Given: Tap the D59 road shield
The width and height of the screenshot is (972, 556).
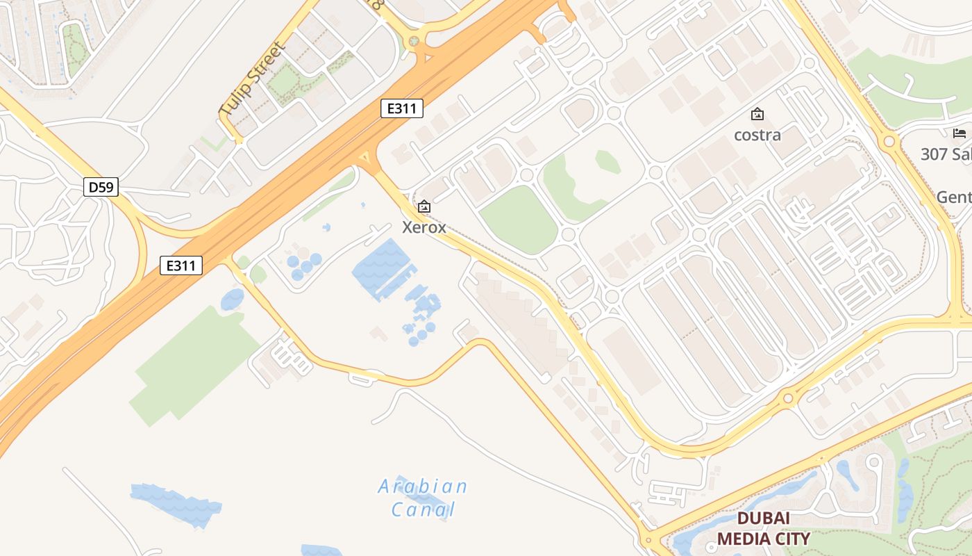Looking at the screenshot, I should pyautogui.click(x=101, y=187).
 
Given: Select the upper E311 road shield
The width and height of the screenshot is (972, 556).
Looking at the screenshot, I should pyautogui.click(x=402, y=108).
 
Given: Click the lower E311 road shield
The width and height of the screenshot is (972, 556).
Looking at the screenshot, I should pyautogui.click(x=181, y=265).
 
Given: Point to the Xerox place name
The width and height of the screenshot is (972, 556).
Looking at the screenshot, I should pyautogui.click(x=424, y=227).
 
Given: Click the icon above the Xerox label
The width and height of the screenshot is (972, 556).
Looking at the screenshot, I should pyautogui.click(x=424, y=206).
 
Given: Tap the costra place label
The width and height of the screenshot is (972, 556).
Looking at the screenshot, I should pyautogui.click(x=757, y=135).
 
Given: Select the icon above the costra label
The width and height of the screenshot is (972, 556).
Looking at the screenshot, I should pyautogui.click(x=757, y=114).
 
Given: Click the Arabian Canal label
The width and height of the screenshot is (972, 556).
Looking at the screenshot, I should pyautogui.click(x=423, y=498).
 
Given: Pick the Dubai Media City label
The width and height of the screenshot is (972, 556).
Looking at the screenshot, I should pyautogui.click(x=763, y=528).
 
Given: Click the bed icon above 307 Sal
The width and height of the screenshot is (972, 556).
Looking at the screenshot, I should pyautogui.click(x=960, y=133).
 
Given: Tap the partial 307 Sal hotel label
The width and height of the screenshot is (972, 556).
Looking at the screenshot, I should pyautogui.click(x=946, y=154).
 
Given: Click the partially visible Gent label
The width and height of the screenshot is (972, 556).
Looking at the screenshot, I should pyautogui.click(x=954, y=197).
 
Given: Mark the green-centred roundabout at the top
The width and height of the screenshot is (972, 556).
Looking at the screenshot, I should pyautogui.click(x=414, y=41).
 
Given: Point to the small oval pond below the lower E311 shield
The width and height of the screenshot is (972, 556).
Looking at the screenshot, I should pyautogui.click(x=233, y=300).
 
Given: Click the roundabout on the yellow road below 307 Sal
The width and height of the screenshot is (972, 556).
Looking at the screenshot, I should pyautogui.click(x=889, y=142).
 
